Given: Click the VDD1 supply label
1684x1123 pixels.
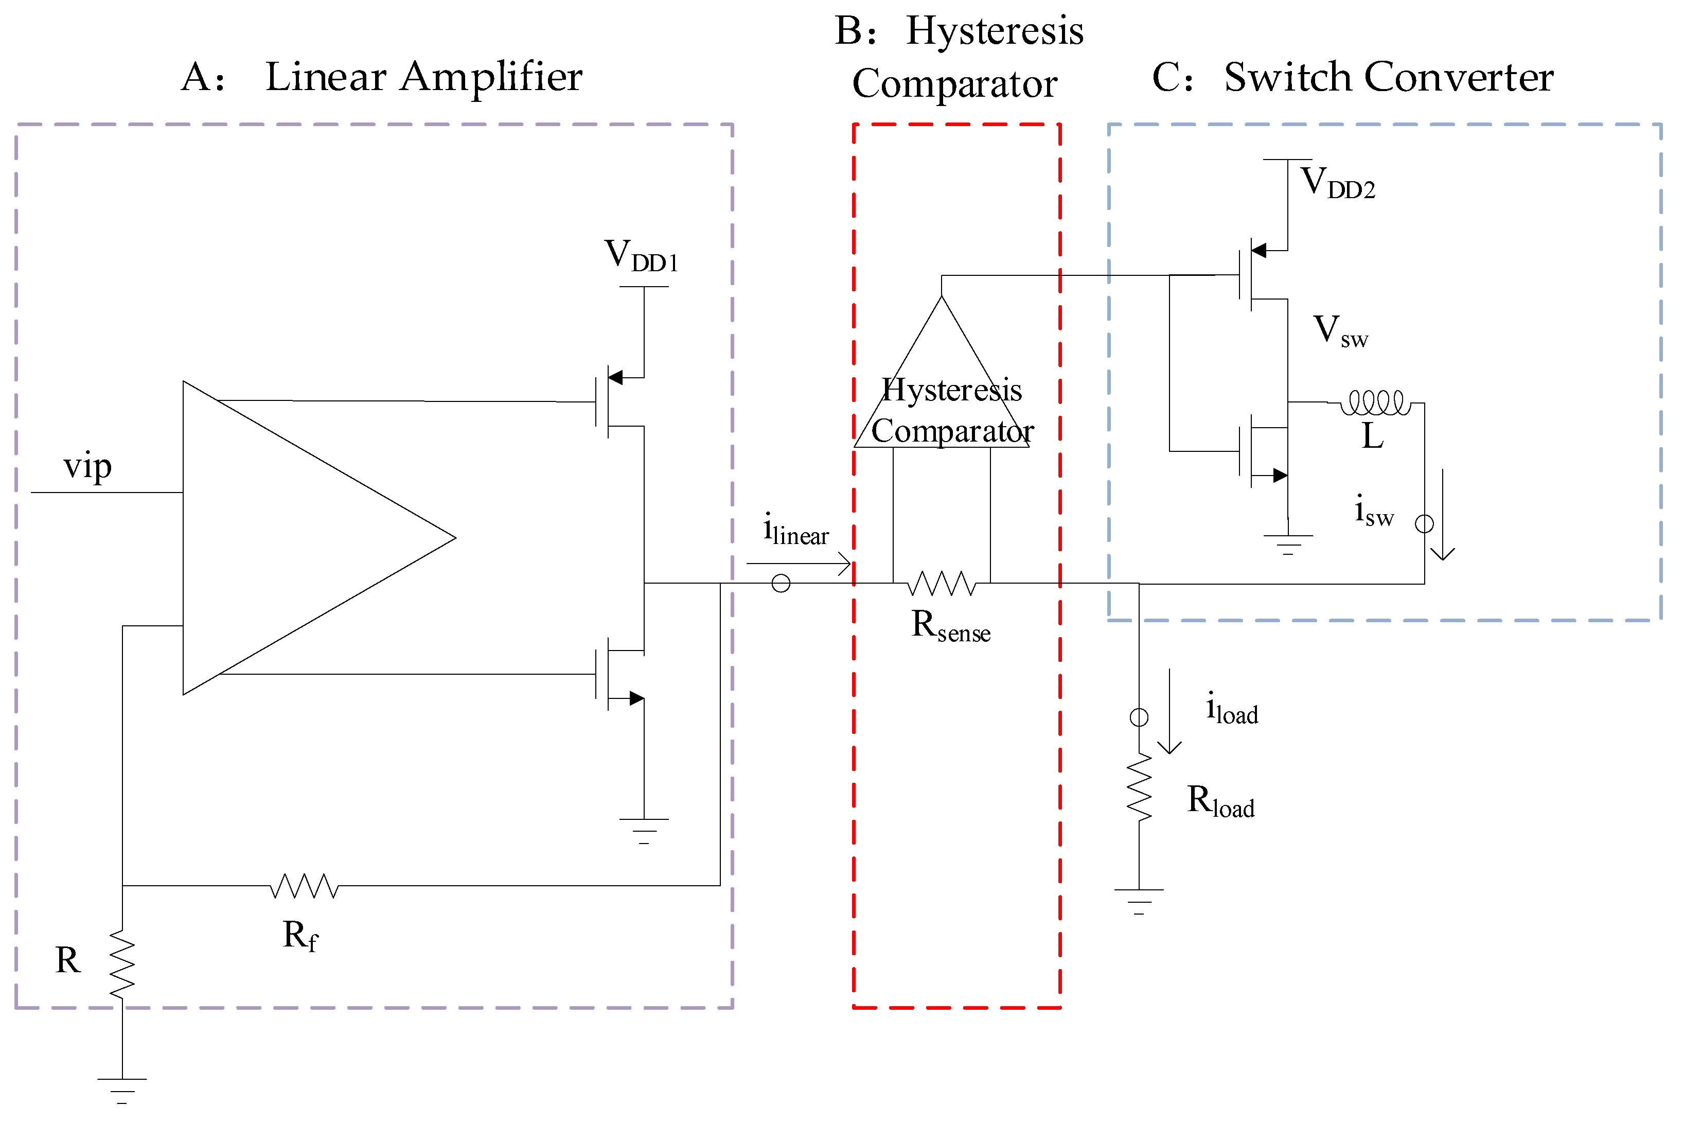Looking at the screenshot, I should pyautogui.click(x=641, y=256).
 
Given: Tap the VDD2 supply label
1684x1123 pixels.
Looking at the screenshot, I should pyautogui.click(x=1337, y=183).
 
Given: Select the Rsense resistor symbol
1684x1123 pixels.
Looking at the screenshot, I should pyautogui.click(x=942, y=583).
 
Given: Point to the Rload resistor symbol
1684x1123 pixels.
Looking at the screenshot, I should pyautogui.click(x=1139, y=788).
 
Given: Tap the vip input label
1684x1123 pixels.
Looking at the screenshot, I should pyautogui.click(x=87, y=467).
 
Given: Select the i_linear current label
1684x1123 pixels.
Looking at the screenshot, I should pyautogui.click(x=795, y=530).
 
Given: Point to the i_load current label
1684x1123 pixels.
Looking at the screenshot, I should pyautogui.click(x=1232, y=709).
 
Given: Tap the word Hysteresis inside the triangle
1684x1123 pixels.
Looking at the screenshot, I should pyautogui.click(x=951, y=390).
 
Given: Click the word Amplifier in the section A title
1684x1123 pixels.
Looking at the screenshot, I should pyautogui.click(x=491, y=77).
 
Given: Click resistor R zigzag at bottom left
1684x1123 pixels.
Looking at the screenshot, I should pyautogui.click(x=122, y=963).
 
